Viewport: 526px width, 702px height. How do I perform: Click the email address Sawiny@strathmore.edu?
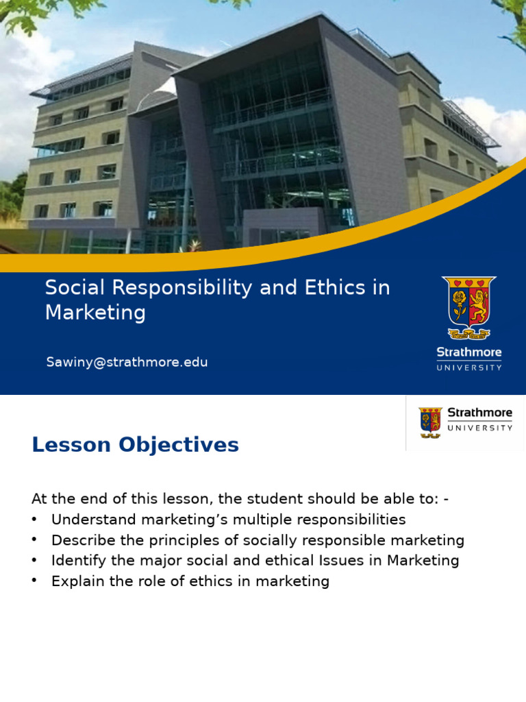click(x=127, y=362)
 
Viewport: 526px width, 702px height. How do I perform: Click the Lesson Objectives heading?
click(x=135, y=445)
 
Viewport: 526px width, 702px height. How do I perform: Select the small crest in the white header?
click(x=430, y=422)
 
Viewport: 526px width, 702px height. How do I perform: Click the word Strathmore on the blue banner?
click(x=469, y=352)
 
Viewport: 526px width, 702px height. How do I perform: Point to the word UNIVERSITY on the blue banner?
click(x=469, y=367)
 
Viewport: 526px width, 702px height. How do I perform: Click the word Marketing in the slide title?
click(x=95, y=313)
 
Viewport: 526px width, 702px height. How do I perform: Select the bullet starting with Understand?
click(x=228, y=520)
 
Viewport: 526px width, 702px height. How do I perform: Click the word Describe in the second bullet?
click(x=83, y=540)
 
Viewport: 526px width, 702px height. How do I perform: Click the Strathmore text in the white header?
click(x=479, y=413)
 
